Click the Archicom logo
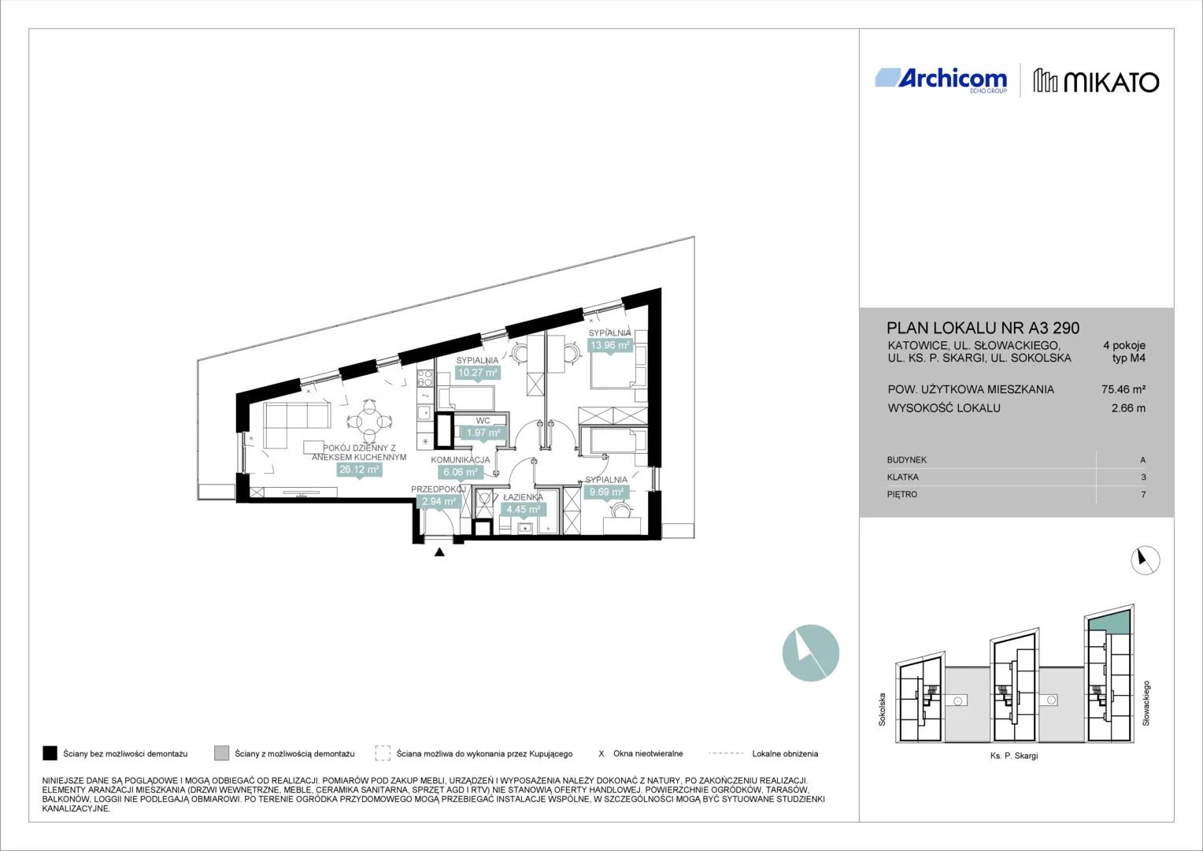click(941, 80)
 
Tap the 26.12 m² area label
click(359, 470)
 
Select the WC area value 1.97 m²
click(483, 433)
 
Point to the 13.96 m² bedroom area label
click(609, 345)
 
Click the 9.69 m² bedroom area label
click(606, 492)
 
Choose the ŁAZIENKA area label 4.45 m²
click(524, 509)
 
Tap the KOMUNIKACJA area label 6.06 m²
click(461, 472)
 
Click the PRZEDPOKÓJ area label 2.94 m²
click(439, 502)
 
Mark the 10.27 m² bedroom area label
click(477, 373)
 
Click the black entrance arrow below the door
click(439, 552)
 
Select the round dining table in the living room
click(369, 421)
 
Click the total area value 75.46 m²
click(1123, 390)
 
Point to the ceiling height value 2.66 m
click(1128, 408)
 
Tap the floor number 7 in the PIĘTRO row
click(1143, 495)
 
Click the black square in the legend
click(50, 753)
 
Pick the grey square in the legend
click(221, 753)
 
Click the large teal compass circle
click(810, 652)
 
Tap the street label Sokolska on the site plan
click(882, 710)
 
